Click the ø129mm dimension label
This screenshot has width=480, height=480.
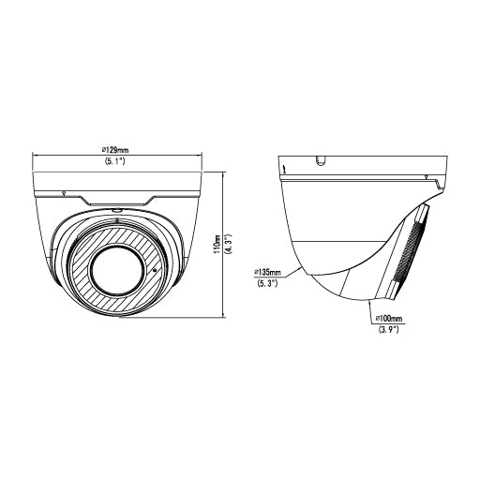pyautogui.click(x=115, y=150)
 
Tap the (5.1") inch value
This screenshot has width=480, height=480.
pyautogui.click(x=114, y=161)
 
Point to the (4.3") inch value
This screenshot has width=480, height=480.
pyautogui.click(x=228, y=245)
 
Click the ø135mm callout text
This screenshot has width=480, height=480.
pyautogui.click(x=267, y=273)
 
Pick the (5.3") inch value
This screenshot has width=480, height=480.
pyautogui.click(x=267, y=284)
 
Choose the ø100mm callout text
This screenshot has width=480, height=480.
pyautogui.click(x=388, y=319)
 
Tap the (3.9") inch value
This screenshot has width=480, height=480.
pyautogui.click(x=388, y=329)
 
